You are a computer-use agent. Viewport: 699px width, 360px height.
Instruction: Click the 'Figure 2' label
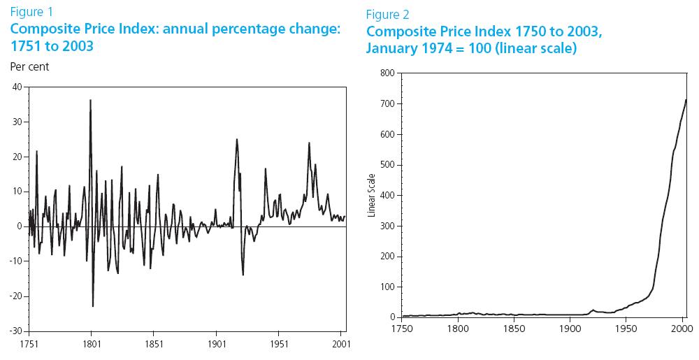tap(388, 15)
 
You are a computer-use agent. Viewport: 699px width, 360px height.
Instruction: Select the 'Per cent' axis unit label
tap(29, 67)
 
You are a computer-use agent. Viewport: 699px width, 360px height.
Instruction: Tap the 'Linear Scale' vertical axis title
tap(372, 194)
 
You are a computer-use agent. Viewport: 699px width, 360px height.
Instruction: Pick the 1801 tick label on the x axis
tap(91, 344)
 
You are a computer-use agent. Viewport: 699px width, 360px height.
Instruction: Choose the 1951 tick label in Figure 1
tap(280, 344)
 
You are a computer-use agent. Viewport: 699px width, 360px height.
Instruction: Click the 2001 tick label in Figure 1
tap(342, 344)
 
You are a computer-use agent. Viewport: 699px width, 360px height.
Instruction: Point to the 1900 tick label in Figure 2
tap(570, 329)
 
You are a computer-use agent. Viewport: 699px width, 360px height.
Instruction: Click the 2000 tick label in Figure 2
tap(682, 329)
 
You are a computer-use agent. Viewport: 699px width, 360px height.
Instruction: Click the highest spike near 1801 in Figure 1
tap(90, 100)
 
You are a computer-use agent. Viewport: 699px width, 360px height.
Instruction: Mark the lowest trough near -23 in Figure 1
tap(93, 306)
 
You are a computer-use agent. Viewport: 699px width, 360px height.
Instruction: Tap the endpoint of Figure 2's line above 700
tap(686, 99)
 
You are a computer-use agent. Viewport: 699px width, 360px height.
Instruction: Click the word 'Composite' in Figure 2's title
tap(398, 32)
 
